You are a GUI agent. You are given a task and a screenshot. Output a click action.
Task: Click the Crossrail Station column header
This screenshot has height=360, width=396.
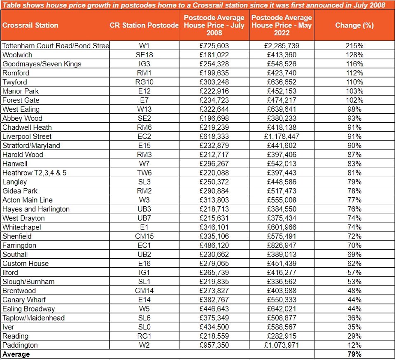[x=30, y=25]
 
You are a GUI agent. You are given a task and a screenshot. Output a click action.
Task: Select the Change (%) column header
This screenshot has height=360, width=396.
[x=354, y=25]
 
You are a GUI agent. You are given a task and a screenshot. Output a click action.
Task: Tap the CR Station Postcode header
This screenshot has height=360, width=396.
[x=144, y=25]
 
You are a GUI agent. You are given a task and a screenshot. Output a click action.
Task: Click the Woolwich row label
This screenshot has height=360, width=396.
[x=17, y=55]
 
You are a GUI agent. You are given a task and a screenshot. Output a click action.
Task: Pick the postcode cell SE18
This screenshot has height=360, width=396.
[x=144, y=55]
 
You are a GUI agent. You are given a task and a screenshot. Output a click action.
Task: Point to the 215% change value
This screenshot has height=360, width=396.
[x=354, y=46]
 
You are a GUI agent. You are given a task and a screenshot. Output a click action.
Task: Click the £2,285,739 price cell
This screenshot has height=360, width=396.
[x=282, y=46]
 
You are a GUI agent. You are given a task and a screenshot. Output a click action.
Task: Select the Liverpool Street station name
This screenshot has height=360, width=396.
[x=27, y=136]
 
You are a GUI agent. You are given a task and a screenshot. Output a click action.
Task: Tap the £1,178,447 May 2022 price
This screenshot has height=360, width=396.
[x=282, y=136]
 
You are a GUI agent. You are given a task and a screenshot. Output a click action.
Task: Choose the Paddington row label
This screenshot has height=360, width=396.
[x=20, y=345]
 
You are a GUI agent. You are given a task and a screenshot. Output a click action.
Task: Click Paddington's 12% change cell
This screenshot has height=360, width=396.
[x=354, y=345]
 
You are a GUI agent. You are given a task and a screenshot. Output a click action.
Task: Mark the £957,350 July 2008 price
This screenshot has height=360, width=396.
[x=214, y=345]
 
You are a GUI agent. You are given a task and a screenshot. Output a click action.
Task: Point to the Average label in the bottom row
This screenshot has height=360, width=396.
[x=16, y=354]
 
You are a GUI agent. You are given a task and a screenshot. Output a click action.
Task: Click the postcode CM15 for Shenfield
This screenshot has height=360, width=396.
[x=144, y=236]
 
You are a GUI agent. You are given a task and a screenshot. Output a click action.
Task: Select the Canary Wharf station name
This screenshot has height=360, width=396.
[x=24, y=299]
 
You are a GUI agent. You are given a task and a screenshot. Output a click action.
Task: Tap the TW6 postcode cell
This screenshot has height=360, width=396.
[x=144, y=173]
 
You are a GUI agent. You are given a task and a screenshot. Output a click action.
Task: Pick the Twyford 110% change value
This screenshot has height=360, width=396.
[x=354, y=82]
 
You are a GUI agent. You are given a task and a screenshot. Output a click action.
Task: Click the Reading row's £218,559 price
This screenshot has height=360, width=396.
[x=214, y=336]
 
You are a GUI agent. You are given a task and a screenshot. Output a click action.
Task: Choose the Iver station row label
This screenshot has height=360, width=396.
[x=8, y=327]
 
